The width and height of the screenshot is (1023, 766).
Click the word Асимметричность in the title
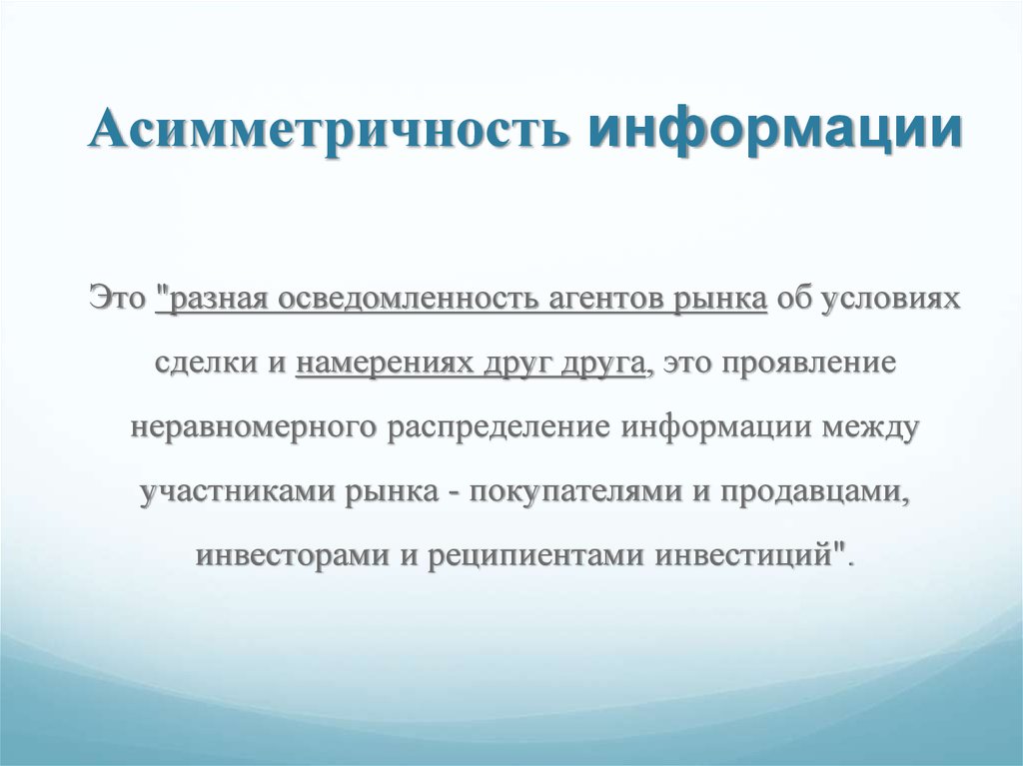pyautogui.click(x=328, y=127)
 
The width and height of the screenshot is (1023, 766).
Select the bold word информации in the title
pyautogui.click(x=774, y=129)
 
